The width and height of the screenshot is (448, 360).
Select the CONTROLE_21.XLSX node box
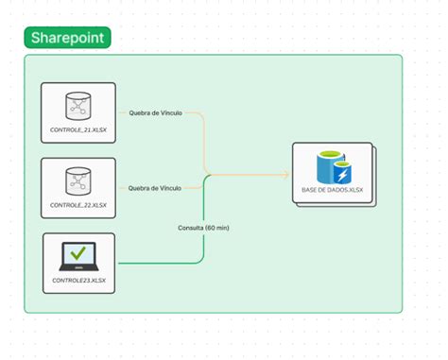click(78, 112)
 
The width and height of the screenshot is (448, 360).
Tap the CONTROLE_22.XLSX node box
click(78, 187)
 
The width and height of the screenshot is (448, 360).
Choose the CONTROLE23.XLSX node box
click(78, 262)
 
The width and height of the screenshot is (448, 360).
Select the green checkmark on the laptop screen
click(78, 252)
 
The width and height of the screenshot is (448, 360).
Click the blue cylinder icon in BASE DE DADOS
click(331, 168)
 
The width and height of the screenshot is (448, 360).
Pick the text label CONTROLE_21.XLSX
click(78, 130)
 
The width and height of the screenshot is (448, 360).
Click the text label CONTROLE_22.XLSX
click(78, 205)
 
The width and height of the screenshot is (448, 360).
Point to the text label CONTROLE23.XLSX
click(78, 281)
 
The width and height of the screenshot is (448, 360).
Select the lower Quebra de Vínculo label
click(154, 187)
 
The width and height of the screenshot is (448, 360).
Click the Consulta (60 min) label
click(204, 228)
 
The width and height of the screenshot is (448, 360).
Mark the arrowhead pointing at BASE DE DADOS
click(284, 175)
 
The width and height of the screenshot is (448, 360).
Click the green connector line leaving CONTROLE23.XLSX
click(151, 263)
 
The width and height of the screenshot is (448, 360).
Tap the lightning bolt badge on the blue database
click(343, 175)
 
